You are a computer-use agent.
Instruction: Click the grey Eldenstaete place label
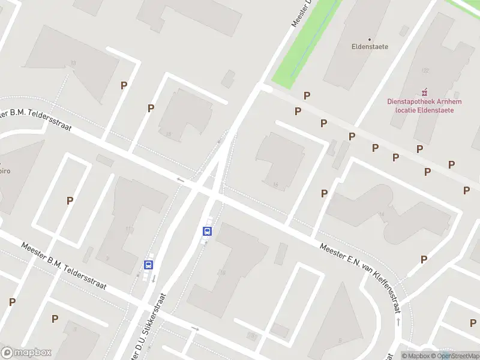click(370, 46)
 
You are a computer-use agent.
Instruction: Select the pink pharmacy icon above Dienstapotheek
click(425, 92)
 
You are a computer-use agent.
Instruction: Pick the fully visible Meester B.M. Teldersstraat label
click(64, 266)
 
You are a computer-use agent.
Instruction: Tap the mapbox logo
click(26, 353)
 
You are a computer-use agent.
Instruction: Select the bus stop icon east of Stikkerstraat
click(208, 231)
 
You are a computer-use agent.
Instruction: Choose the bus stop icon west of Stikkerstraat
click(148, 264)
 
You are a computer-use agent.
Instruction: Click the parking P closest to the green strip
click(307, 95)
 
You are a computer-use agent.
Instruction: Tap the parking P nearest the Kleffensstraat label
click(424, 259)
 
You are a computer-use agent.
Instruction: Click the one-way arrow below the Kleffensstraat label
click(398, 322)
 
